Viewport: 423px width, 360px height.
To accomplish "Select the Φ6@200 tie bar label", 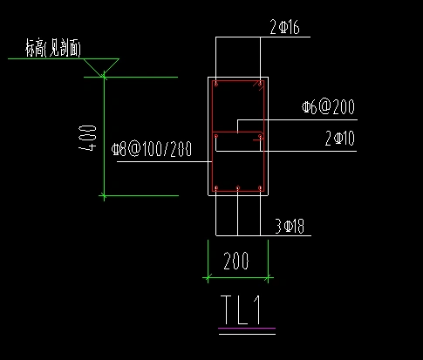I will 329,108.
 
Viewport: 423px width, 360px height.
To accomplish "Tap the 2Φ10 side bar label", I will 339,137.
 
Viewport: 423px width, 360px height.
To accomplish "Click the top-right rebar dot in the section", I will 260,85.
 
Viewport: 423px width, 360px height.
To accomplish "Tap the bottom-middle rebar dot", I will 238,187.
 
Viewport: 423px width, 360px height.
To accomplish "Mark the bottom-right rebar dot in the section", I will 260,187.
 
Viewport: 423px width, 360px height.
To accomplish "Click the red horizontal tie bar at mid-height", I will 237,132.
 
